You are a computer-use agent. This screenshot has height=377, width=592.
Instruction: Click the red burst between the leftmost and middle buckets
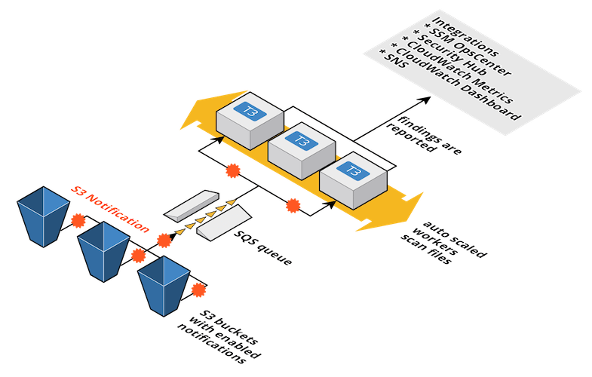tap(76, 222)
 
